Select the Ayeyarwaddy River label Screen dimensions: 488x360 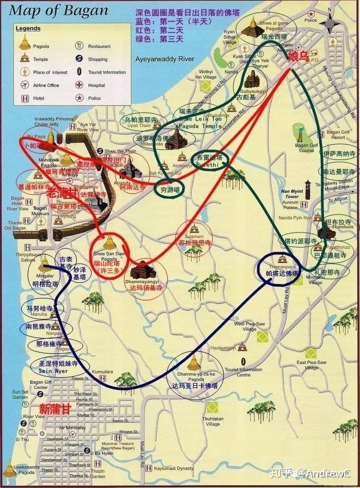[165, 58]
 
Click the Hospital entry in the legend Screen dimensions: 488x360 [96, 85]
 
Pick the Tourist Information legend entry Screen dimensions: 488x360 [106, 72]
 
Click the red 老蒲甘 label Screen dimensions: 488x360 [60, 193]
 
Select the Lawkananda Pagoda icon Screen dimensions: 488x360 [9, 469]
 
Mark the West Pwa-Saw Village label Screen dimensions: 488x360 [246, 326]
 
